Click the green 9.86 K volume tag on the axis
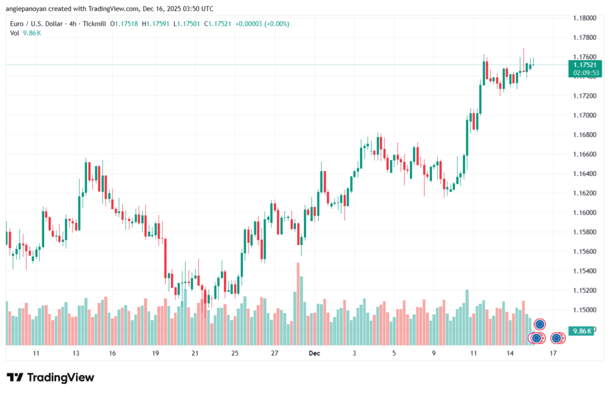click(x=580, y=331)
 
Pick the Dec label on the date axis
click(x=315, y=353)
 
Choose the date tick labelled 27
click(x=275, y=353)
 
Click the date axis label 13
click(x=76, y=353)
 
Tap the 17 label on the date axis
click(x=553, y=353)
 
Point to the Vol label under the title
click(x=15, y=33)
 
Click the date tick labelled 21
click(x=195, y=353)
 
